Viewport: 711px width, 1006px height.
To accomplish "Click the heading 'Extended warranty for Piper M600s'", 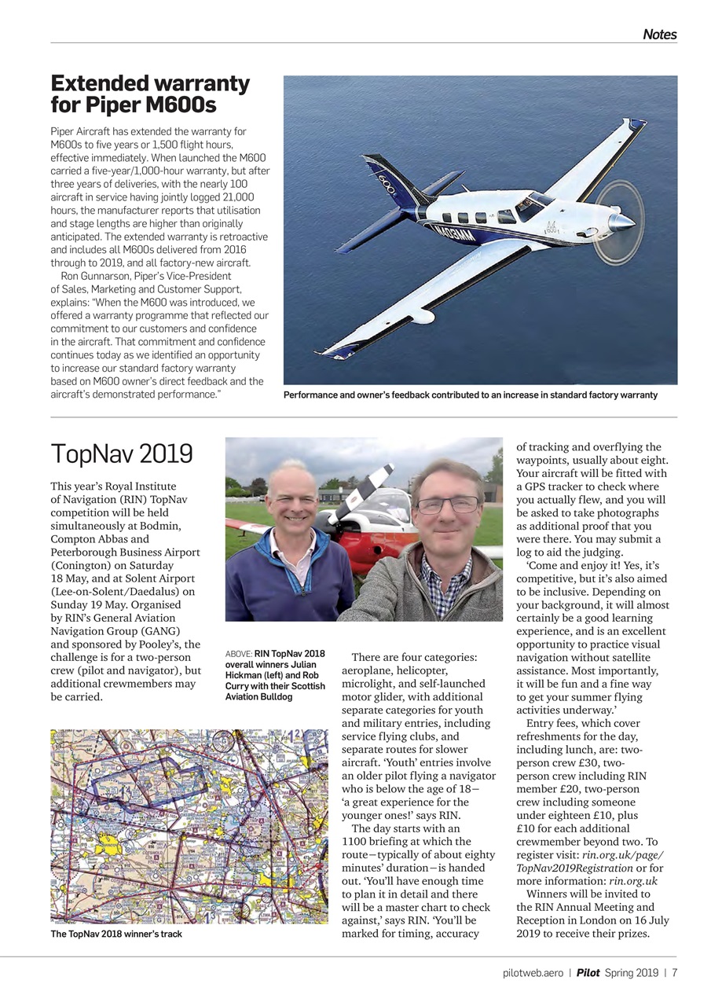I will point(150,94).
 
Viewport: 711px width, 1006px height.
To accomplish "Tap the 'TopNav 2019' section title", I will point(122,453).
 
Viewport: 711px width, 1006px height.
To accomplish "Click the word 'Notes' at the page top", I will point(659,35).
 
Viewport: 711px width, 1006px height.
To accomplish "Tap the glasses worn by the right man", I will point(447,505).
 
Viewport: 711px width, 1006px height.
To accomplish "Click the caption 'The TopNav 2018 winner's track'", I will point(116,934).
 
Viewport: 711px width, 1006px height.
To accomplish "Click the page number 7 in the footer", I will point(674,973).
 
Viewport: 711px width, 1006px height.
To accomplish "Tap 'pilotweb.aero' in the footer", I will point(533,973).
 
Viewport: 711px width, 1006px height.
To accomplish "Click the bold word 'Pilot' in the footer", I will point(588,973).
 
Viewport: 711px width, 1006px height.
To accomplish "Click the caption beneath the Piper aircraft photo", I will point(470,395).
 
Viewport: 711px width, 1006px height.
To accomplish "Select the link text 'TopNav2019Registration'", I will point(575,868).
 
